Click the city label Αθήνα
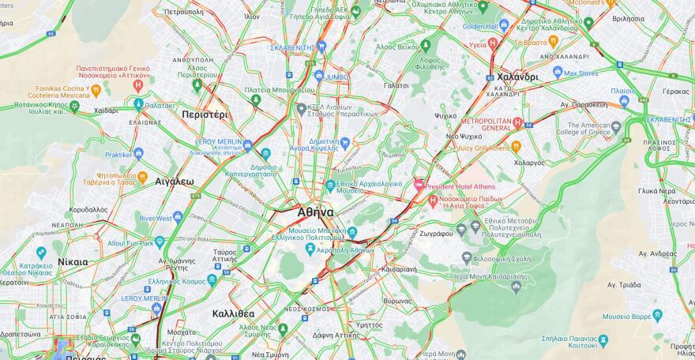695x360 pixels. click(x=315, y=212)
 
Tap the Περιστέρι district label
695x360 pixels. click(x=205, y=114)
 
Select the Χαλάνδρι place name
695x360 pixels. click(x=517, y=77)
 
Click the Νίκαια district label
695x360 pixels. click(x=73, y=262)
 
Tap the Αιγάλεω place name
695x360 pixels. click(x=175, y=181)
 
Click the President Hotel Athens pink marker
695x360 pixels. click(x=419, y=185)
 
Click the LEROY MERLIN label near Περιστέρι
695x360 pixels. click(x=217, y=142)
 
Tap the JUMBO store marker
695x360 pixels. click(x=319, y=77)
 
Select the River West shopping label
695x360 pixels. click(x=156, y=218)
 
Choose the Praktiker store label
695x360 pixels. click(x=118, y=155)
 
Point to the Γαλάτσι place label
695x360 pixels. click(x=396, y=85)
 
